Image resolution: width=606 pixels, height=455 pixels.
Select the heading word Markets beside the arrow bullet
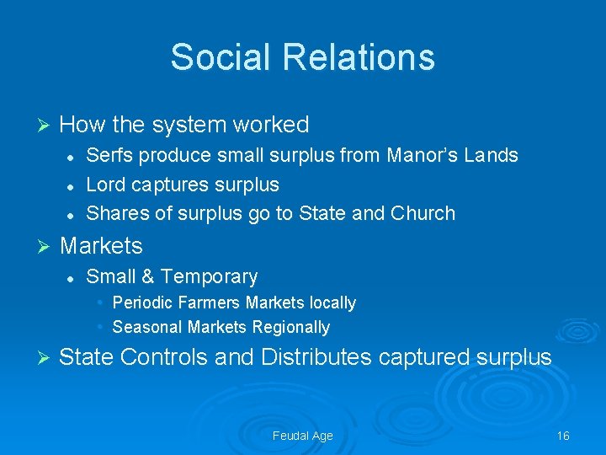[x=101, y=246]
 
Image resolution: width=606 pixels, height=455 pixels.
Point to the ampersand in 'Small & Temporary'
[x=147, y=276]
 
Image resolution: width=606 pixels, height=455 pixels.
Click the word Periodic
[x=143, y=302]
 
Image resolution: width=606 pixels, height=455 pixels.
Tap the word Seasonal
[x=147, y=327]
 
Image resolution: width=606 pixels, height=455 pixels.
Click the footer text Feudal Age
[x=303, y=436]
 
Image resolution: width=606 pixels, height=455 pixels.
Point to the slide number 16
[x=563, y=436]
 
